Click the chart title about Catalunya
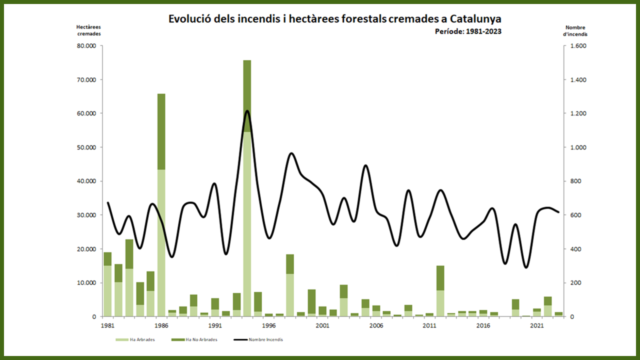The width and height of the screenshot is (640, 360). pyautogui.click(x=334, y=19)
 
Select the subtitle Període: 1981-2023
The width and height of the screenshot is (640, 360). pyautogui.click(x=468, y=31)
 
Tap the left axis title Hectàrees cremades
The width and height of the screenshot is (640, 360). pyautogui.click(x=88, y=30)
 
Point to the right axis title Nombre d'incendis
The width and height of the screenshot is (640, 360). pyautogui.click(x=575, y=31)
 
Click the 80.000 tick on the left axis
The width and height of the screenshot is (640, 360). pyautogui.click(x=89, y=46)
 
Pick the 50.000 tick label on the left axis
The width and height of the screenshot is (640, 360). pyautogui.click(x=89, y=147)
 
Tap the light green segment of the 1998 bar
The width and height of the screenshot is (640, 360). pyautogui.click(x=290, y=295)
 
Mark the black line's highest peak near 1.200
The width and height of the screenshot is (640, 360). pyautogui.click(x=247, y=111)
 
